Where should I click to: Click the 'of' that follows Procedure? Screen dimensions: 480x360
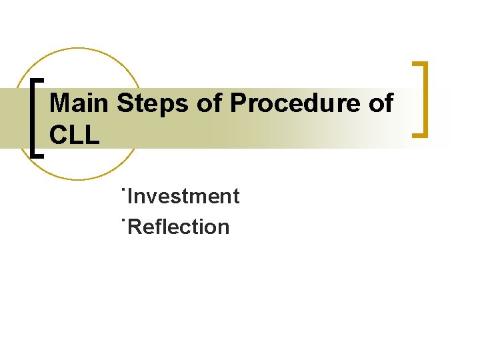pyautogui.click(x=381, y=104)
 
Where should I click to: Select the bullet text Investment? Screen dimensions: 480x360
pyautogui.click(x=183, y=197)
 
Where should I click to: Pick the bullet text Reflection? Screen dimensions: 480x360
pyautogui.click(x=179, y=227)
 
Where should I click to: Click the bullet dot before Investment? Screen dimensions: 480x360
pyautogui.click(x=124, y=189)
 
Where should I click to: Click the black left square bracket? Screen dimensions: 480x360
pyautogui.click(x=35, y=117)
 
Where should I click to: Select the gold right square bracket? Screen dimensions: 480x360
pyautogui.click(x=423, y=100)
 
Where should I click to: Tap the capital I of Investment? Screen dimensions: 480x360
pyautogui.click(x=130, y=197)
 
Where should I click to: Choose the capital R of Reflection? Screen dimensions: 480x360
pyautogui.click(x=134, y=227)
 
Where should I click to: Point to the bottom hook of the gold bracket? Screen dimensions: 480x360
pyautogui.click(x=419, y=135)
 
